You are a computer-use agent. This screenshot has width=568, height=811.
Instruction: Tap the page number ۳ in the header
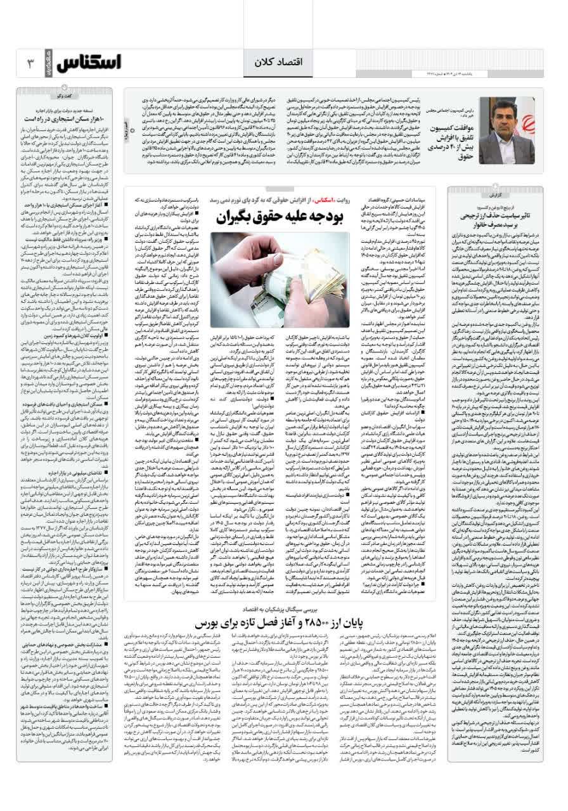point(29,63)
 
